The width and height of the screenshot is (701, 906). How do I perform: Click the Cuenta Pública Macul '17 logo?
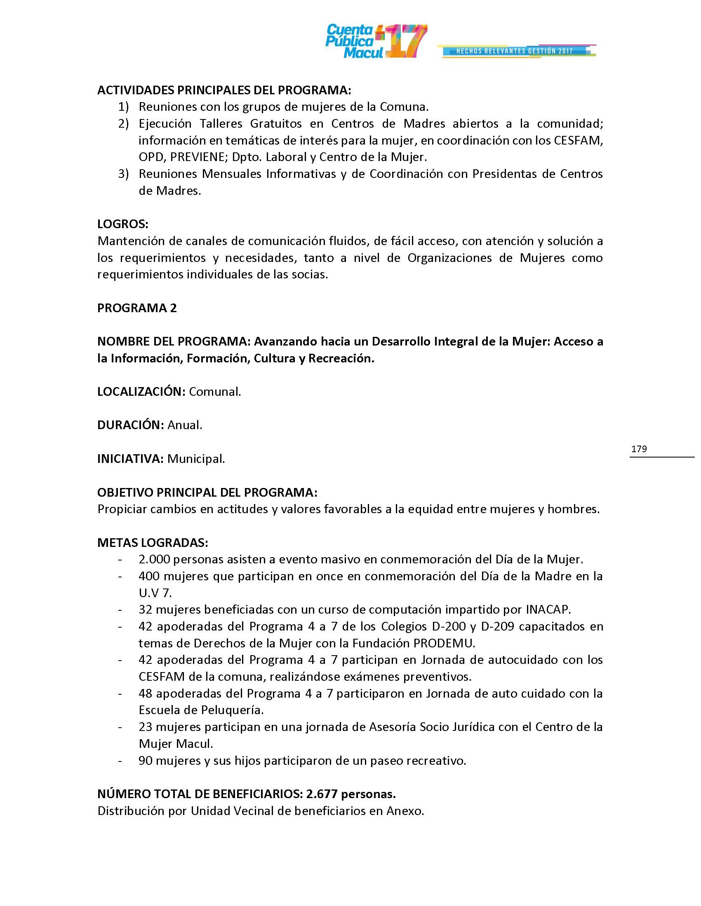pyautogui.click(x=376, y=41)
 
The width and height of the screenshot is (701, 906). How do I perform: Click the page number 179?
pyautogui.click(x=639, y=449)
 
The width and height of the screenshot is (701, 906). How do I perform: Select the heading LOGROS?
pyautogui.click(x=122, y=224)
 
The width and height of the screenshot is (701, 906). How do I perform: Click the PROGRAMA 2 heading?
pyautogui.click(x=137, y=308)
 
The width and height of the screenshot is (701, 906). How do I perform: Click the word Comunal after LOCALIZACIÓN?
pyautogui.click(x=214, y=392)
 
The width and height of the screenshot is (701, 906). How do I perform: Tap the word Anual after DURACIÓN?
pyautogui.click(x=184, y=425)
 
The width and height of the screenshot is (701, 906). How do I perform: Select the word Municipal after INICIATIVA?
pyautogui.click(x=195, y=459)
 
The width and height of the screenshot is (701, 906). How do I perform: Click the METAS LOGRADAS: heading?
pyautogui.click(x=153, y=543)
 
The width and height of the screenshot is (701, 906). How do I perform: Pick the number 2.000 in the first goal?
pyautogui.click(x=154, y=559)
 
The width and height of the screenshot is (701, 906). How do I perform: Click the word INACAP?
pyautogui.click(x=548, y=609)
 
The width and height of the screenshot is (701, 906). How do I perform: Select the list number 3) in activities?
pyautogui.click(x=124, y=174)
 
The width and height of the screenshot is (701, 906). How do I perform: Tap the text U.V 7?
pyautogui.click(x=155, y=593)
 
